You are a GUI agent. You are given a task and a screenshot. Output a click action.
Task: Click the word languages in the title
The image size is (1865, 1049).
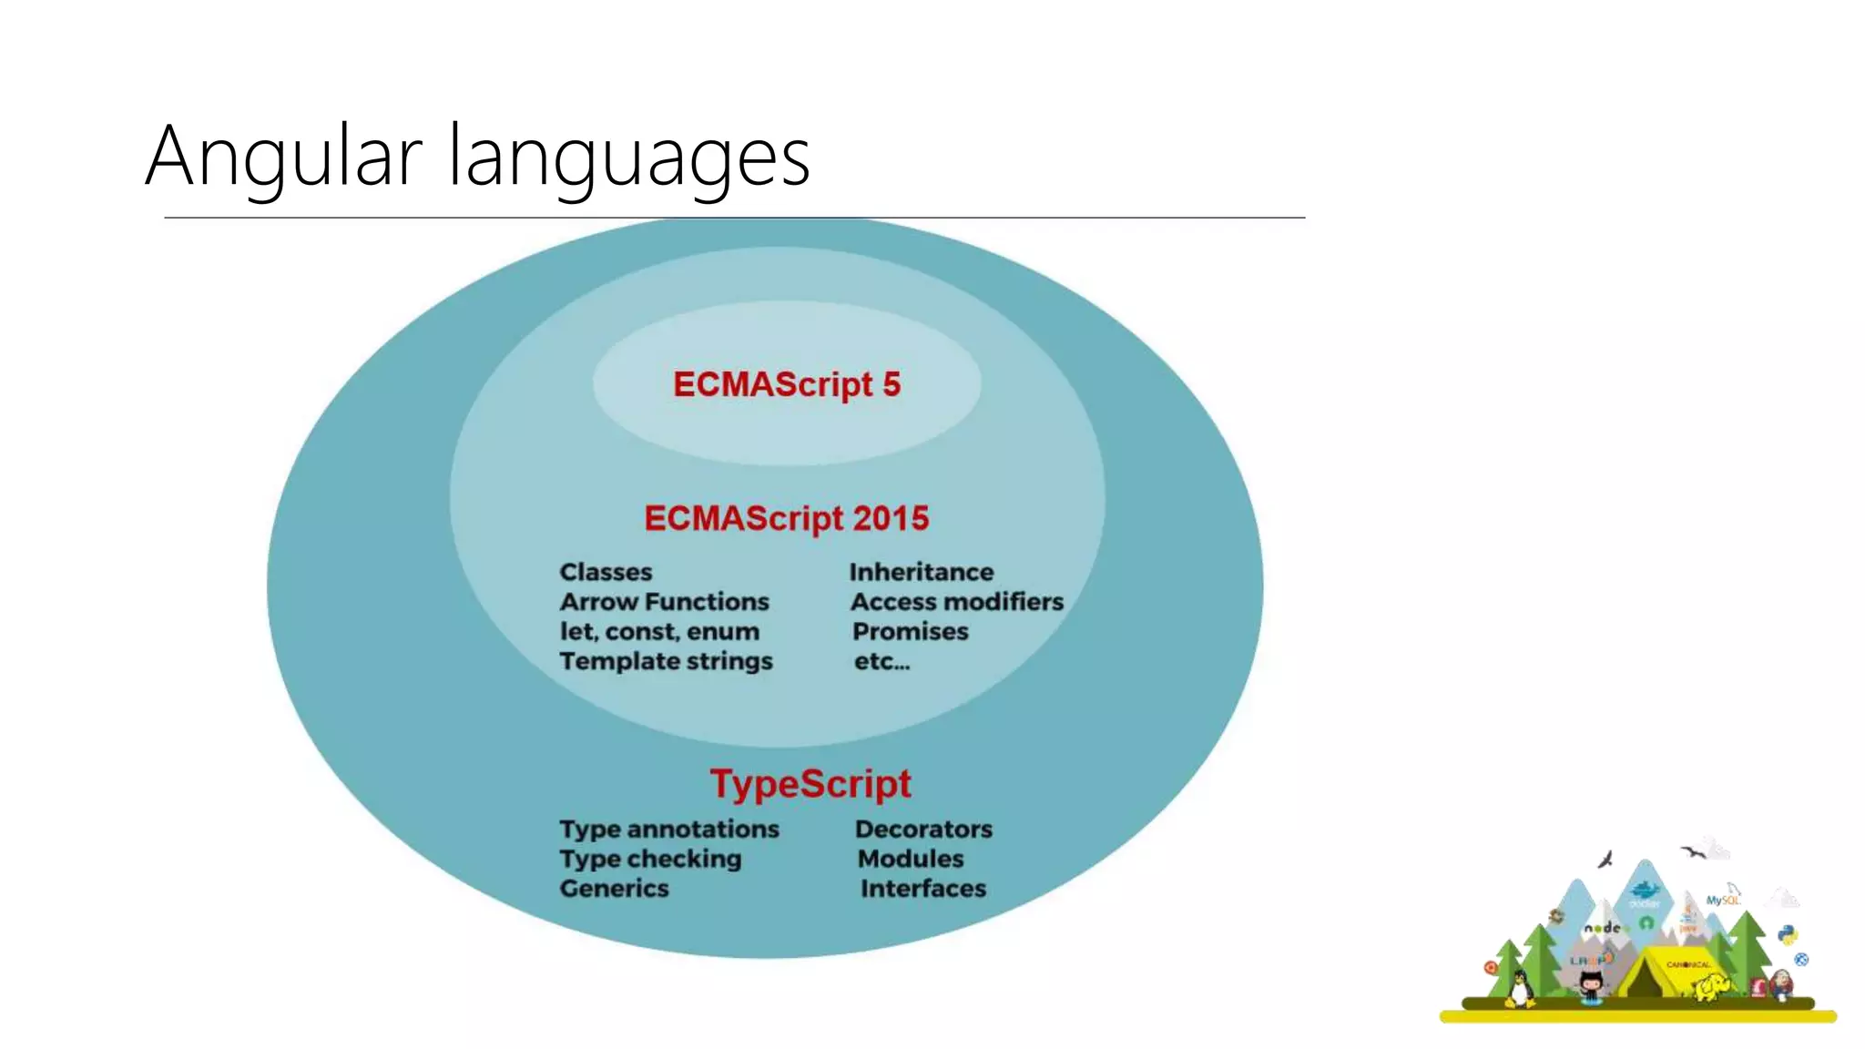pos(628,158)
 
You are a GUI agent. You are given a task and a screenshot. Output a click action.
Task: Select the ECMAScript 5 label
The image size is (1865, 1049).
pos(786,384)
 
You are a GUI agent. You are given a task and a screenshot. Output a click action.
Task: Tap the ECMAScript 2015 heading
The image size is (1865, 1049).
pos(786,518)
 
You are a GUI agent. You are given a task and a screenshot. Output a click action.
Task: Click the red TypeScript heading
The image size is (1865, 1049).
pos(810,783)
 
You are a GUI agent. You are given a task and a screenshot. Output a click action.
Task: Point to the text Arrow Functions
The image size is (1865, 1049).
pos(664,602)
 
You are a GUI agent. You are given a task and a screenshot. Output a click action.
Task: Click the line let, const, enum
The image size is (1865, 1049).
pos(658,632)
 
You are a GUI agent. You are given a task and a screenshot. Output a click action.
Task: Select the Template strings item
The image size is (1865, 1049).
pos(666,661)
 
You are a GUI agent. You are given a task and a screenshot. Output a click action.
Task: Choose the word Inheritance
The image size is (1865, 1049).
pos(921,572)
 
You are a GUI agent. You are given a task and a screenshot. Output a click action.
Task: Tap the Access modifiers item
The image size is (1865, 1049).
pos(956,602)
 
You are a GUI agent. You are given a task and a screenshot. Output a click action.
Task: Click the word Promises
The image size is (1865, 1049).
pos(910,632)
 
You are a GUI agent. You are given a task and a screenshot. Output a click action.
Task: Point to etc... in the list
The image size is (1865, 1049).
pos(881,662)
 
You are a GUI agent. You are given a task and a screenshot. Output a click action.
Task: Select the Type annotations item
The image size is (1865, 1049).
pos(669,830)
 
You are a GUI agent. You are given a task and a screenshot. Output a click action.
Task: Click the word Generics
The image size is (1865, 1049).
pos(614,889)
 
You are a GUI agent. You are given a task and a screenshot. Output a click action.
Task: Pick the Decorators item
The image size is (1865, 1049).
pos(923,830)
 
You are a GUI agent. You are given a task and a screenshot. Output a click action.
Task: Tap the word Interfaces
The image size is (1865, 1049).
pos(922,889)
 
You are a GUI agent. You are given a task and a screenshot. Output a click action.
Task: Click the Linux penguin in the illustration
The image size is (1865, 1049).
pos(1519,988)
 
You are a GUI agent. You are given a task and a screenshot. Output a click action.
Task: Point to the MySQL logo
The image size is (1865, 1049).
pos(1722,898)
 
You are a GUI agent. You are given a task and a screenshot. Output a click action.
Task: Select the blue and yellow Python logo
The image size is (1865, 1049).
pos(1787,935)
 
